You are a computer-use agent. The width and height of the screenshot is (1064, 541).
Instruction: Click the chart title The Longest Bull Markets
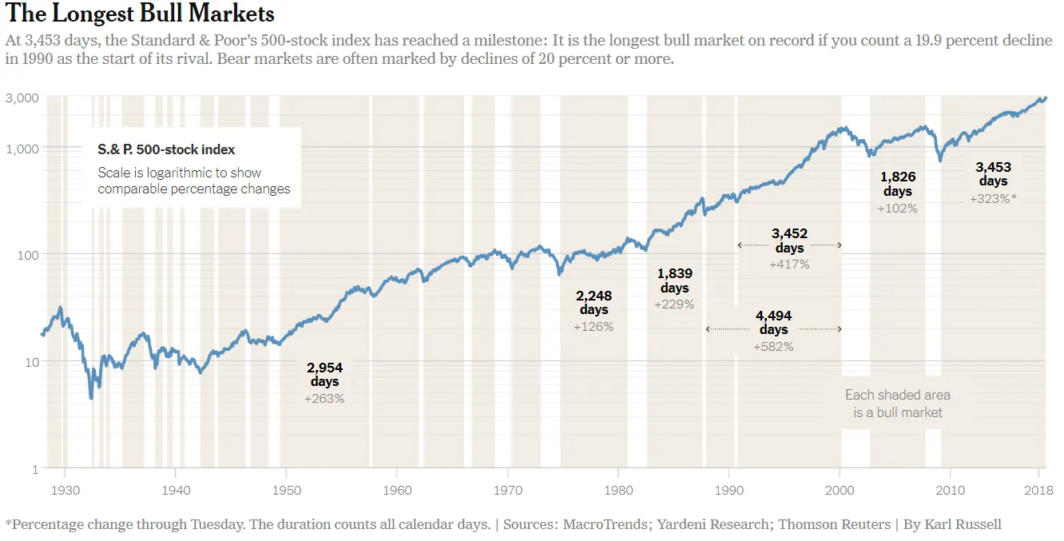tap(140, 14)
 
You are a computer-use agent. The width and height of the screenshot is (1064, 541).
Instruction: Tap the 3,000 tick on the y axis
tap(22, 97)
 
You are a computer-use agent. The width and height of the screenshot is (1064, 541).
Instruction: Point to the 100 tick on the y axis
tap(27, 255)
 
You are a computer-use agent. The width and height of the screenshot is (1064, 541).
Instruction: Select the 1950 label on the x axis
tap(287, 489)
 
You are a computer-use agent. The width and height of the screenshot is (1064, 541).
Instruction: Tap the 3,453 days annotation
tap(993, 174)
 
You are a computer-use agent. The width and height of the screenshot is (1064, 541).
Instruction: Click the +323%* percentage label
tap(993, 199)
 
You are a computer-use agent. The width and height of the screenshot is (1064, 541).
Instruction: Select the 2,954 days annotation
tap(324, 375)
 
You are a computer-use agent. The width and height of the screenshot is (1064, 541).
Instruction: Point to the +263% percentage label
tap(324, 399)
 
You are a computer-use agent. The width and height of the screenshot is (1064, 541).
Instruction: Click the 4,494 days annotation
tap(773, 322)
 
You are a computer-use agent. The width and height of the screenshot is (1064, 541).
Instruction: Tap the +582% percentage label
tap(773, 347)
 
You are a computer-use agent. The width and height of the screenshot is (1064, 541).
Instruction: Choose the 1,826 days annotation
tap(898, 184)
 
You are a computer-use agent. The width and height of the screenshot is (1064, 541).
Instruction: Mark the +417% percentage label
tap(789, 264)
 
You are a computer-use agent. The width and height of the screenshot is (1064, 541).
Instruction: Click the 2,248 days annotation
tap(594, 302)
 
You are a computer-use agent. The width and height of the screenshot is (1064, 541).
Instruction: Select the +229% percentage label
tap(674, 304)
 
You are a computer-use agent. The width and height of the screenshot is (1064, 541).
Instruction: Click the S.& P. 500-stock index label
tap(166, 149)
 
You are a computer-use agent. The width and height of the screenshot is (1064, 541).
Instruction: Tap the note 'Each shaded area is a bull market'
tap(898, 404)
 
